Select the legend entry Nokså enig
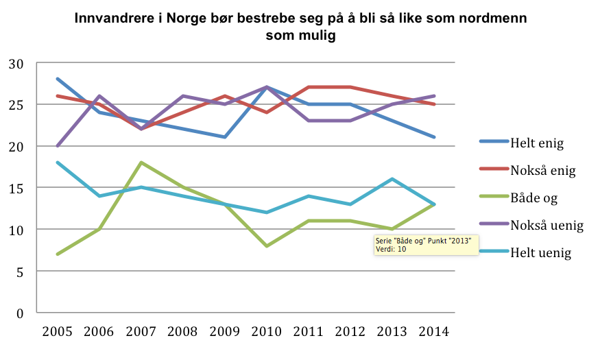coord(543,169)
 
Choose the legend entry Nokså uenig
coord(546,224)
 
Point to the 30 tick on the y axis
coord(16,64)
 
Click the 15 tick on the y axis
coord(16,188)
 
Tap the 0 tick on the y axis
coord(21,313)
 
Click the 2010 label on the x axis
coord(267,332)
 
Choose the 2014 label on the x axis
coord(434,332)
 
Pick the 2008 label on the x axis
coord(183,332)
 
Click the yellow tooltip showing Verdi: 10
coord(425,245)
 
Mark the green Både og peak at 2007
coord(141,163)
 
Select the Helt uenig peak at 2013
coord(392,179)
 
